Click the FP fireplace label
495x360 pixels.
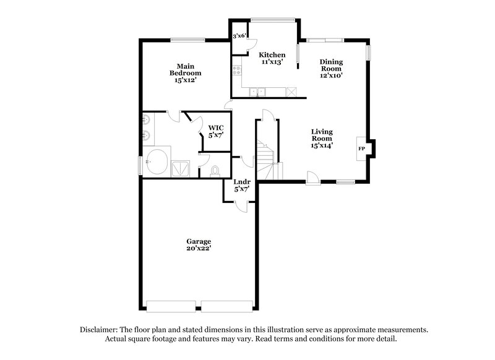(361, 149)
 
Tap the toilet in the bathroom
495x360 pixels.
(215, 170)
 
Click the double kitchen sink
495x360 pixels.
(258, 93)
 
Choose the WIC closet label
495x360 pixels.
(216, 127)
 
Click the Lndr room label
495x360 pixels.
(241, 182)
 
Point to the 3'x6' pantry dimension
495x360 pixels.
(239, 36)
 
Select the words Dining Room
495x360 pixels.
(331, 65)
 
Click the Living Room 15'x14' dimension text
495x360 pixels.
(322, 146)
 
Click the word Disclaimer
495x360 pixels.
(103, 330)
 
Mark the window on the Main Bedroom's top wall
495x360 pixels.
(188, 40)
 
